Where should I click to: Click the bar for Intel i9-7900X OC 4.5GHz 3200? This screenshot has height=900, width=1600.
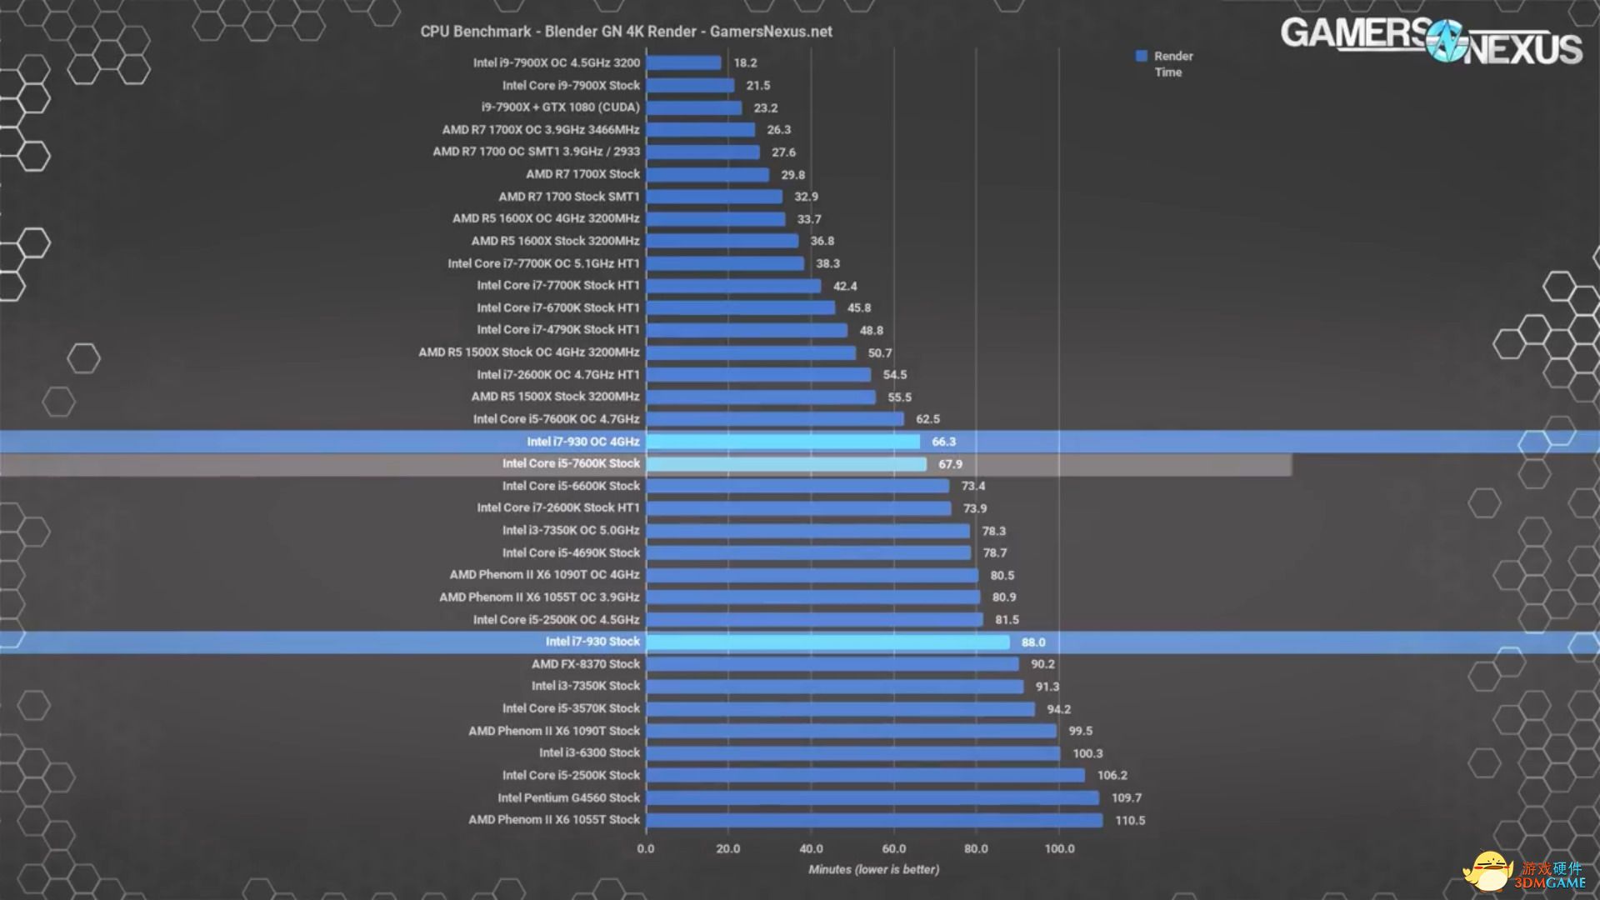click(683, 62)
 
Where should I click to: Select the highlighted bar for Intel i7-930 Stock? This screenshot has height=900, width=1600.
click(827, 642)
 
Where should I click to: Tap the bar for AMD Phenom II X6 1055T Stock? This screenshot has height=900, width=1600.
click(874, 820)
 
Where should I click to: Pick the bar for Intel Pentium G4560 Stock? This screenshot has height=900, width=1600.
click(872, 797)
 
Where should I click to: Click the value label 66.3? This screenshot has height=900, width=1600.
click(943, 442)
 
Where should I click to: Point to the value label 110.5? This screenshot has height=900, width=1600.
click(1130, 821)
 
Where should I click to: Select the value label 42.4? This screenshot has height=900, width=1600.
click(845, 286)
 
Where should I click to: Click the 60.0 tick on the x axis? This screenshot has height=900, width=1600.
click(893, 849)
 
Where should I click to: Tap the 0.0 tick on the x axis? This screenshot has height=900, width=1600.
click(646, 849)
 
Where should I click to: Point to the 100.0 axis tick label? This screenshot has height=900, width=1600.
click(1059, 849)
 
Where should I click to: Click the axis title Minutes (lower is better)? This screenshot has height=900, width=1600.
click(873, 869)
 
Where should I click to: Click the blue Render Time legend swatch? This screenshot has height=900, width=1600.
click(1142, 56)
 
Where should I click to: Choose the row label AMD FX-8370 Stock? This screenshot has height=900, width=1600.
click(586, 664)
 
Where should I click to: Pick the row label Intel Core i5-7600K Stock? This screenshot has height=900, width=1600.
click(571, 463)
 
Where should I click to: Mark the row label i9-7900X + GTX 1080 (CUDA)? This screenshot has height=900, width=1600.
click(560, 107)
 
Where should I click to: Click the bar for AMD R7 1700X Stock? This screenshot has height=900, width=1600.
click(707, 175)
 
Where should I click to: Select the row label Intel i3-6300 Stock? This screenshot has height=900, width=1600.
click(589, 752)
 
